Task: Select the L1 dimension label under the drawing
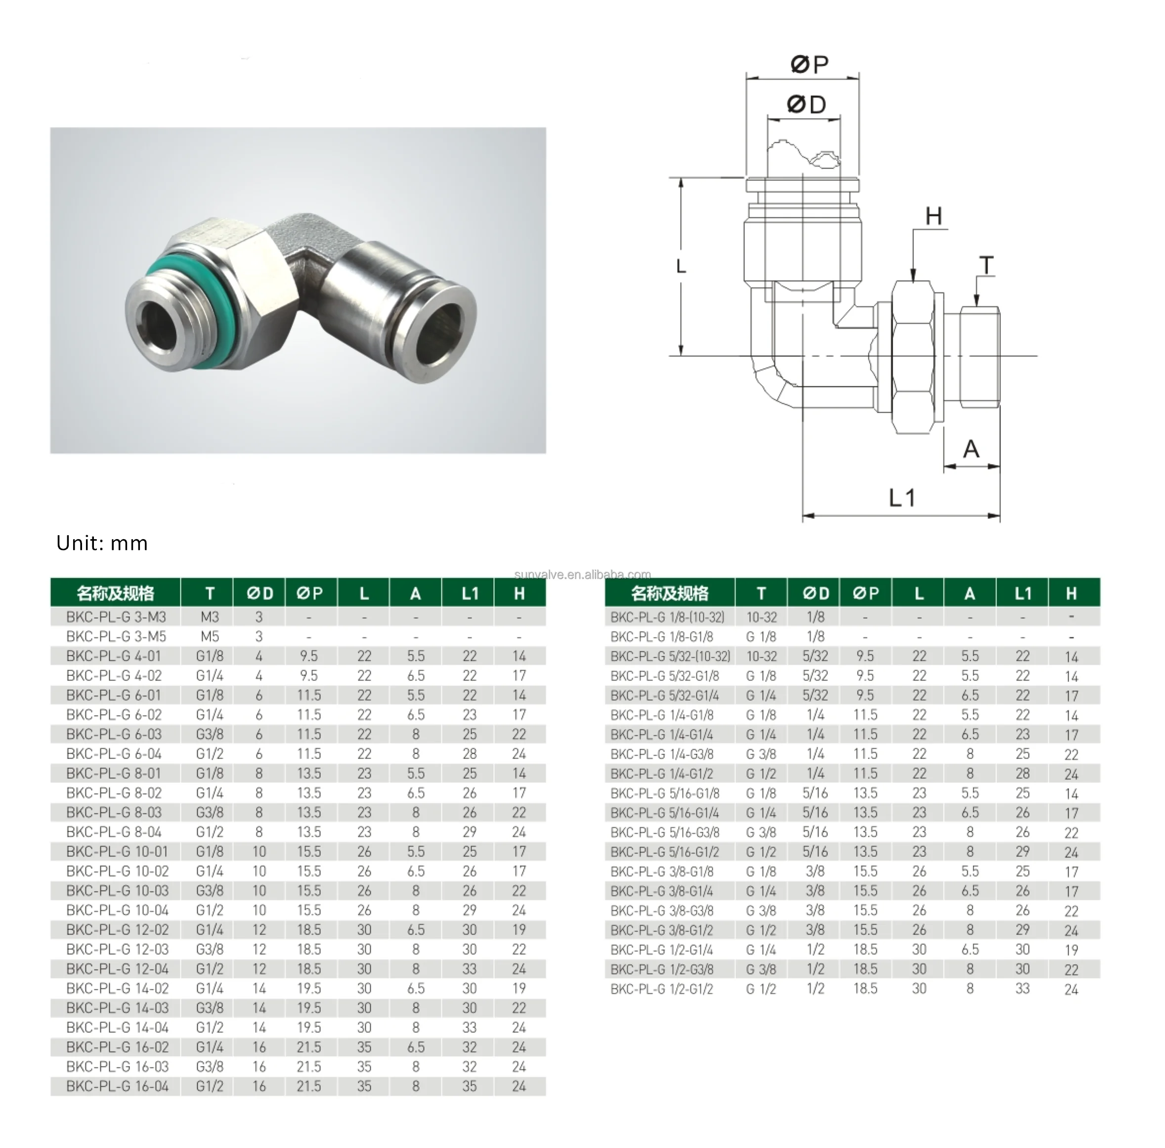pos(902,498)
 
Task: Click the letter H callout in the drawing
pos(934,216)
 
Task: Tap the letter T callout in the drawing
pos(986,265)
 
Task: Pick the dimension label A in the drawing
pos(971,449)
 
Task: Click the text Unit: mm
pos(102,543)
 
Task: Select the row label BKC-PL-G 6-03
pos(114,734)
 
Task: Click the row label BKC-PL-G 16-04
pos(117,1087)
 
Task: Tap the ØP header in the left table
pos(309,594)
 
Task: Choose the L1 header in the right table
pos(1023,594)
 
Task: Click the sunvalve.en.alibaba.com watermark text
pos(582,574)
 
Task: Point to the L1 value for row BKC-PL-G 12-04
pos(469,969)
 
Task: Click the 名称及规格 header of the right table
pos(669,594)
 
